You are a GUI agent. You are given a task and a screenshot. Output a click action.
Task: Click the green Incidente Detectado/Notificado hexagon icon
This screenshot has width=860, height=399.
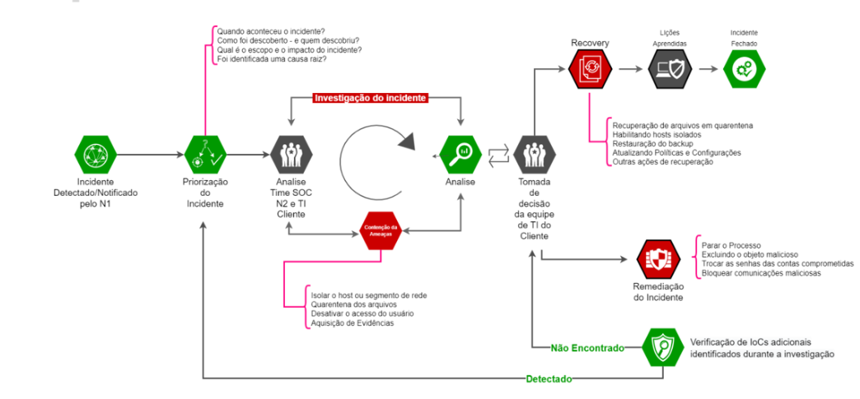click(96, 152)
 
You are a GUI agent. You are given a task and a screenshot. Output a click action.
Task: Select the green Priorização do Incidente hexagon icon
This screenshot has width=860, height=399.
click(203, 152)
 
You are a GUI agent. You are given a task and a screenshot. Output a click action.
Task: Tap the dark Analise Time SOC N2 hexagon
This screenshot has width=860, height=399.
click(291, 152)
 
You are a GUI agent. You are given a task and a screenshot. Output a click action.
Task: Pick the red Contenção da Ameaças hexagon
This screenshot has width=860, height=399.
click(381, 230)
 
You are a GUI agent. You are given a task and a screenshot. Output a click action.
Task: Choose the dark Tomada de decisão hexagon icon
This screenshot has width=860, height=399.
click(534, 152)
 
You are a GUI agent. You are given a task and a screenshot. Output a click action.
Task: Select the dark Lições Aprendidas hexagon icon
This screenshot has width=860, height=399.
click(669, 69)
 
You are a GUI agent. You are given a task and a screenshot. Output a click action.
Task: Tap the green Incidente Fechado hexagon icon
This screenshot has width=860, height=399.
click(744, 69)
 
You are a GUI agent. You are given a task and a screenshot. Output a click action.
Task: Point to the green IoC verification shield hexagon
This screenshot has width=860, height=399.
click(663, 347)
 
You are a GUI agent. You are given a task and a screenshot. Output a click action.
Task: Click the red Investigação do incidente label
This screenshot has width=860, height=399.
click(371, 98)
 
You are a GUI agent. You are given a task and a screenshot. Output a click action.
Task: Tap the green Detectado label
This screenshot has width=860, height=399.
click(549, 378)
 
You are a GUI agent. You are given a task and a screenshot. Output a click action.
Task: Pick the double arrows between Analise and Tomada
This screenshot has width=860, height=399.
click(498, 152)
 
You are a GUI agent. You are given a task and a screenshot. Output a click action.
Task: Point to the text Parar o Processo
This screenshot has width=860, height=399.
click(731, 244)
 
